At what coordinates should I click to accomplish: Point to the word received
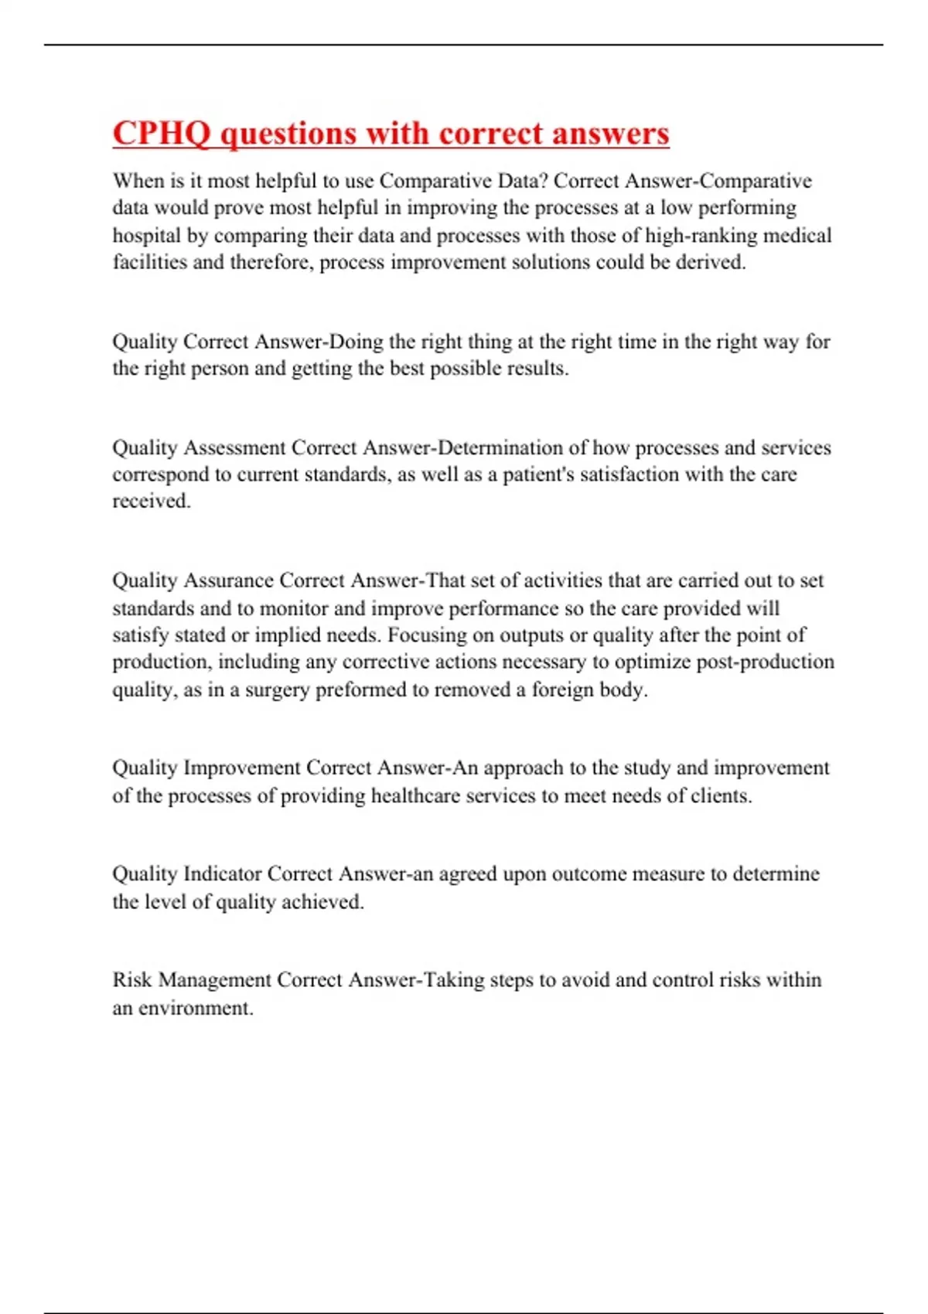(x=151, y=501)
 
